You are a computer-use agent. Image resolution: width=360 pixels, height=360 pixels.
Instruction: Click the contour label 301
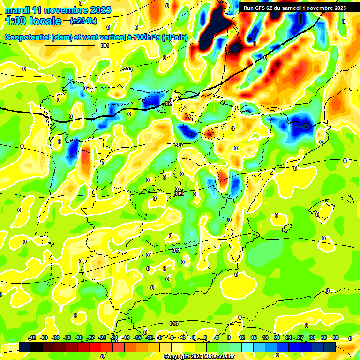pos(105,45)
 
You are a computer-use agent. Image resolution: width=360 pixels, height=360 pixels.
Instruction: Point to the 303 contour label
pos(127,69)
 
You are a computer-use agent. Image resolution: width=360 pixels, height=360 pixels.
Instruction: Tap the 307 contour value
pos(178,145)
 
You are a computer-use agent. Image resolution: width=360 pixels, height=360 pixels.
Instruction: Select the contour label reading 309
pos(178,194)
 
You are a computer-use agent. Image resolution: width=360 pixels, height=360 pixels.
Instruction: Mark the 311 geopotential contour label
pos(176,251)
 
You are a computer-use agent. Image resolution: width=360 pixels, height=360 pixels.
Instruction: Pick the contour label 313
pos(173,323)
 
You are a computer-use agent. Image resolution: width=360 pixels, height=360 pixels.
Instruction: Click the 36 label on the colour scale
pos(336,337)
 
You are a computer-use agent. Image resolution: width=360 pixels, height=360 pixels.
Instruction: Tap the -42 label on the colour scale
pos(32,337)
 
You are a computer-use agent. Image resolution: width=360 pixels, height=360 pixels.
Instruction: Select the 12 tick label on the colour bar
pos(242,337)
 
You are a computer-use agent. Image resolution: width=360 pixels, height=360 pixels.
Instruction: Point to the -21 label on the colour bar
pos(114,337)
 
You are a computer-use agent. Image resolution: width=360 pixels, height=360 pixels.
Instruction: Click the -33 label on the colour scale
pos(67,337)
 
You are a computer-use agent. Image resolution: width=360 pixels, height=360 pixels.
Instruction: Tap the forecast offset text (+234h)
pos(83,21)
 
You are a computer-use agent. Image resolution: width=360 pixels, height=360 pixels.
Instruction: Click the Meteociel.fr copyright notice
pos(199,356)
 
